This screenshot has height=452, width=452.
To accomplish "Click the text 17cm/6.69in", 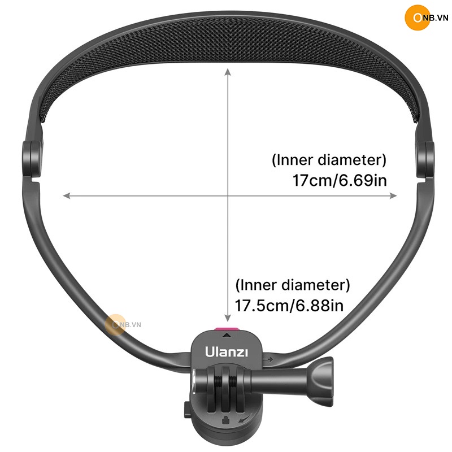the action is coord(340,181).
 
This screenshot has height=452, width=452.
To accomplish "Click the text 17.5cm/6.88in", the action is coord(289,306).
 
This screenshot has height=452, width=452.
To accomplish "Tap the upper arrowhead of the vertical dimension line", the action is coord(228,71).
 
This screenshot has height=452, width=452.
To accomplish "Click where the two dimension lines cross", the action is coord(228,195).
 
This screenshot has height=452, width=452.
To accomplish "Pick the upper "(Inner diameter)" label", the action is coord(329,160).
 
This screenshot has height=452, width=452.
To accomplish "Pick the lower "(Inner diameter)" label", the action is coord(292,284).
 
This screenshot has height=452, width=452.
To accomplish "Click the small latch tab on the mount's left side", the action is coord(188,409).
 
